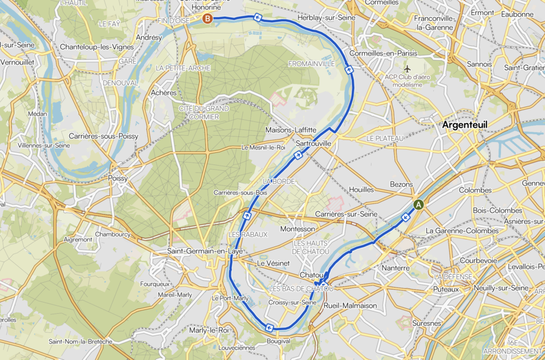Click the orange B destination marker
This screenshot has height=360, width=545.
click(208, 19)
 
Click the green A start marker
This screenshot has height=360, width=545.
click(418, 204)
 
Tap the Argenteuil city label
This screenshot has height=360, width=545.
click(465, 125)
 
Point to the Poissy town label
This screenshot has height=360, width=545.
click(118, 178)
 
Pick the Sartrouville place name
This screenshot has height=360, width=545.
click(313, 144)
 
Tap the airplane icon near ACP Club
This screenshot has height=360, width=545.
click(408, 69)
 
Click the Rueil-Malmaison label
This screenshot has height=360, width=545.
click(350, 306)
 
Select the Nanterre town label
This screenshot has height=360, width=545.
click(396, 268)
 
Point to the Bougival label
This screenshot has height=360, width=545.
click(278, 341)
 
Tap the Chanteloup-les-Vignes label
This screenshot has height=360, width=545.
click(97, 47)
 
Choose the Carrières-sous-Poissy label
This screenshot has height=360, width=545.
click(103, 136)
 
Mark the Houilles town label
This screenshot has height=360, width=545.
click(361, 190)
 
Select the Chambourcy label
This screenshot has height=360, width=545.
click(113, 234)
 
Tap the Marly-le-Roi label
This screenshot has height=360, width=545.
click(209, 330)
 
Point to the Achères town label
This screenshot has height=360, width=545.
click(163, 93)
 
